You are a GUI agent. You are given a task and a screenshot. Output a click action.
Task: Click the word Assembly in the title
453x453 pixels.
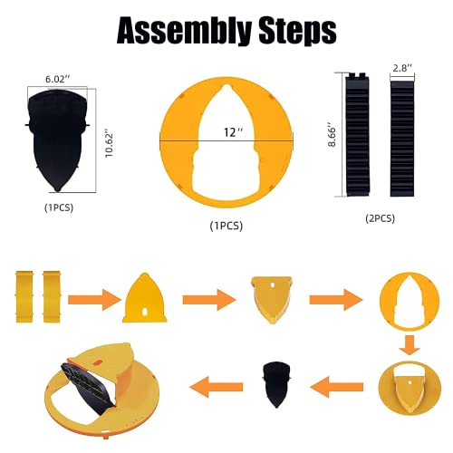[184, 31]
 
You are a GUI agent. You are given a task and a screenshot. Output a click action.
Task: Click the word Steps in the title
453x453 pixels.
[297, 30]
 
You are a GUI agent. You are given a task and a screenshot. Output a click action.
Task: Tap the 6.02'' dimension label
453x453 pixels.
[57, 80]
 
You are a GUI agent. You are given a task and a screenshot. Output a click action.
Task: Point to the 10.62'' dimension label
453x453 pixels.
[109, 142]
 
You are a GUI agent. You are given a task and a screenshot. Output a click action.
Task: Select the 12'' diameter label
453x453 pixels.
[233, 132]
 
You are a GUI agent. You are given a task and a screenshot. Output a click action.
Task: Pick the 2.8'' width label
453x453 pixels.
[402, 68]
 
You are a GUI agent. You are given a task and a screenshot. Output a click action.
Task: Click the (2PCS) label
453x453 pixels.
[380, 218]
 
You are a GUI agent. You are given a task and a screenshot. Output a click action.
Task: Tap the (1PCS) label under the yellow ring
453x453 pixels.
[226, 226]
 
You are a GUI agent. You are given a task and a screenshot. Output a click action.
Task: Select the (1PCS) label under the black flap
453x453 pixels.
[59, 207]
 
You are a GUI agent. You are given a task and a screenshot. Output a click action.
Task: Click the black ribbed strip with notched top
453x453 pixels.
[358, 135]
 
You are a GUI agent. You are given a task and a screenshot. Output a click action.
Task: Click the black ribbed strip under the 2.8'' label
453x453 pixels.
[402, 138]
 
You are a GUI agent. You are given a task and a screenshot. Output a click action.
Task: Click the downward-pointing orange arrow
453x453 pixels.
[410, 345]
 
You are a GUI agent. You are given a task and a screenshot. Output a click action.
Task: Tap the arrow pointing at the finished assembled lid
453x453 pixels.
[217, 387]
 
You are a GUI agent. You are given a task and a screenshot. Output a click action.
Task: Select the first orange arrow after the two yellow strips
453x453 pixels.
[94, 300]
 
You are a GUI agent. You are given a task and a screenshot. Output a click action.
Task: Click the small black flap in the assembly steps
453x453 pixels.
[276, 384]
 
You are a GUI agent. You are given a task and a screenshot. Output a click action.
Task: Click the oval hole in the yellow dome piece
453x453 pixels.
[145, 312]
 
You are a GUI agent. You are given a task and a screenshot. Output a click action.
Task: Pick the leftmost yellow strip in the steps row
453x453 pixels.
[24, 297]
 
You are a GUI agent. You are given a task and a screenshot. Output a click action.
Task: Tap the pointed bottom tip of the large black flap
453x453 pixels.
[57, 191]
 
